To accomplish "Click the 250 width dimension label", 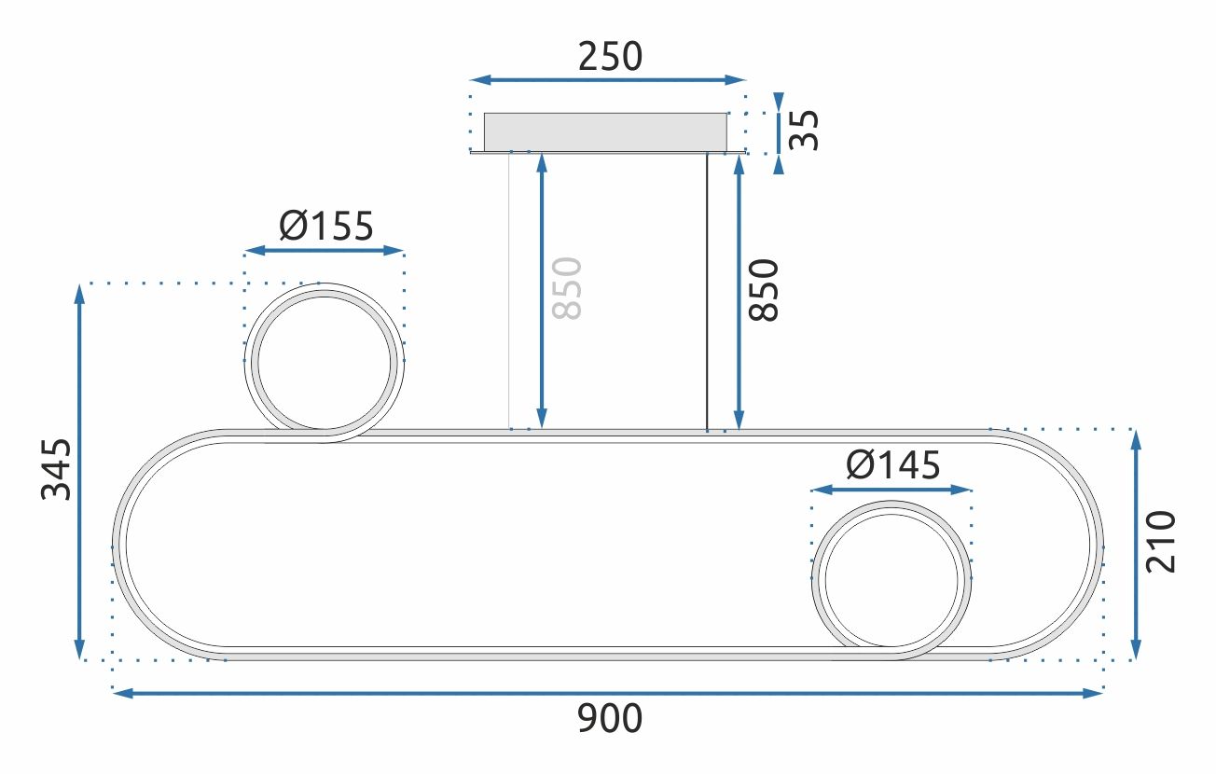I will click(x=610, y=57).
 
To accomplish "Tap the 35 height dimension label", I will click(x=803, y=130).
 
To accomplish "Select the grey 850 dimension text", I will click(x=566, y=288).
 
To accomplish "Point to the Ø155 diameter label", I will click(x=325, y=226).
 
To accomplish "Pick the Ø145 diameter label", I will click(x=891, y=464).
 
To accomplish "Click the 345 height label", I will click(x=57, y=469).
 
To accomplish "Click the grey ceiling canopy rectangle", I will click(x=605, y=131).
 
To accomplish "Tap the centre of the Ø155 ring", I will click(x=325, y=362).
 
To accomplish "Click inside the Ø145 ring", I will click(x=891, y=579).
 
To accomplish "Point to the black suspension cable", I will click(x=707, y=291).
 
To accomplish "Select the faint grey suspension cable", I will click(x=508, y=291).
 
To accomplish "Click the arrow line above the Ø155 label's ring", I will click(x=325, y=251).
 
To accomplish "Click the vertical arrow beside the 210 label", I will click(x=1135, y=544).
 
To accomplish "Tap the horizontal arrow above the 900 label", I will click(x=608, y=693).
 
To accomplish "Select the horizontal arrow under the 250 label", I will click(x=608, y=80).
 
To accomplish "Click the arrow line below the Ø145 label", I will click(x=891, y=489).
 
